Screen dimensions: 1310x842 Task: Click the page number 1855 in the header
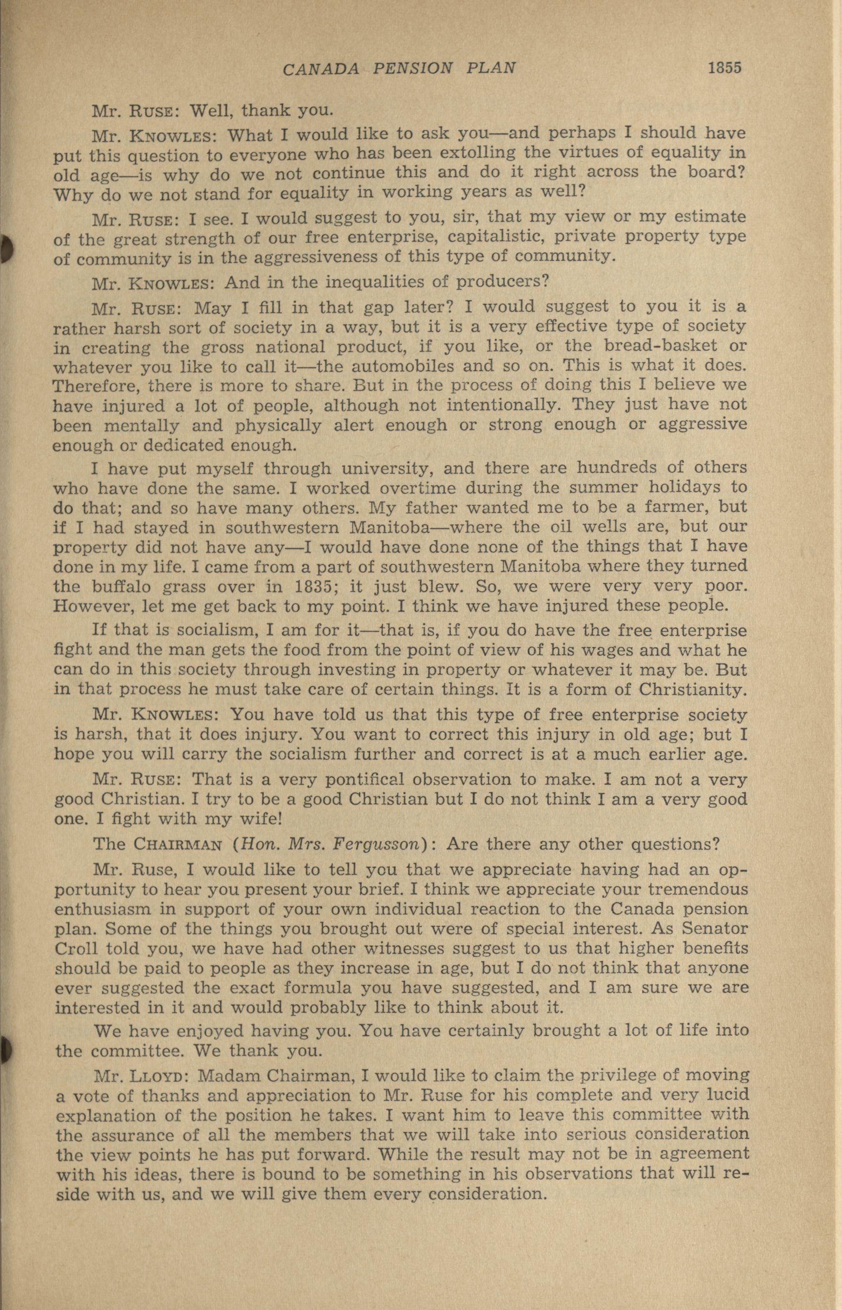[724, 68]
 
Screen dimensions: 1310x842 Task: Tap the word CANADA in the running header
[321, 69]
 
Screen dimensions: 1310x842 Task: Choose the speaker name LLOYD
[159, 1076]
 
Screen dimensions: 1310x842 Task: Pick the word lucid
[723, 1095]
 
